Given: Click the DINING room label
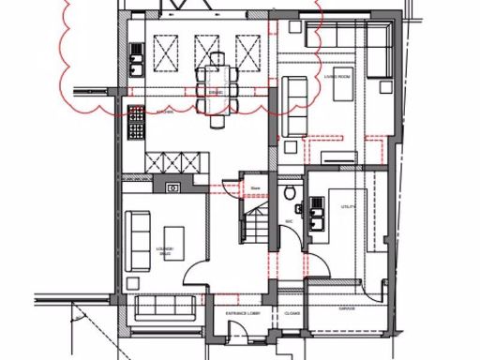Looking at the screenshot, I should pyautogui.click(x=215, y=92).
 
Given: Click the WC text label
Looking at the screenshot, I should pyautogui.click(x=290, y=222).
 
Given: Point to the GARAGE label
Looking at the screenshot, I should pyautogui.click(x=347, y=307).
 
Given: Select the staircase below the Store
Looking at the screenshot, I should pyautogui.click(x=254, y=225).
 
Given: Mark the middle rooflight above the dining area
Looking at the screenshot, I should pyautogui.click(x=208, y=47).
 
